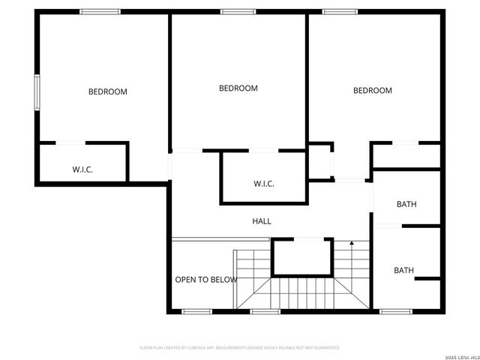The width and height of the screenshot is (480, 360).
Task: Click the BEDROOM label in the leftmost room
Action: tap(108, 92)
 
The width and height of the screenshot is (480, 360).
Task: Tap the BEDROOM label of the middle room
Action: tap(238, 88)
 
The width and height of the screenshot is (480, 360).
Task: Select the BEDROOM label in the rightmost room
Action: tap(373, 91)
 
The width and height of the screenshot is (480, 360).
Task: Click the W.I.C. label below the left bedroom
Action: tap(82, 169)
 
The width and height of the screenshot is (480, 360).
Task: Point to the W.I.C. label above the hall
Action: tap(264, 184)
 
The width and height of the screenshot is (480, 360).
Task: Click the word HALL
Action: tap(262, 221)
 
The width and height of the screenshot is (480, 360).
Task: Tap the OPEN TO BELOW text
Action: tap(205, 280)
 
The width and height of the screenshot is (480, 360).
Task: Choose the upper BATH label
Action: tap(406, 204)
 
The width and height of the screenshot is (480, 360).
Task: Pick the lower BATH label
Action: tap(404, 271)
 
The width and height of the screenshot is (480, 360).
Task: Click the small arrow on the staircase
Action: tap(352, 244)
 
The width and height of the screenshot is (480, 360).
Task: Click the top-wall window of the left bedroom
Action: tap(100, 11)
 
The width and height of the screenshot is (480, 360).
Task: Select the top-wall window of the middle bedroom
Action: tap(238, 11)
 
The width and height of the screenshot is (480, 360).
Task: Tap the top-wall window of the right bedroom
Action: tap(340, 11)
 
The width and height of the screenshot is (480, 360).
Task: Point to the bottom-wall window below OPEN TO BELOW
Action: tap(197, 310)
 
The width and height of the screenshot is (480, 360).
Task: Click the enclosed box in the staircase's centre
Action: tap(301, 257)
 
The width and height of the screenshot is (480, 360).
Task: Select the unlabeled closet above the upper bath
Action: tap(406, 156)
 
